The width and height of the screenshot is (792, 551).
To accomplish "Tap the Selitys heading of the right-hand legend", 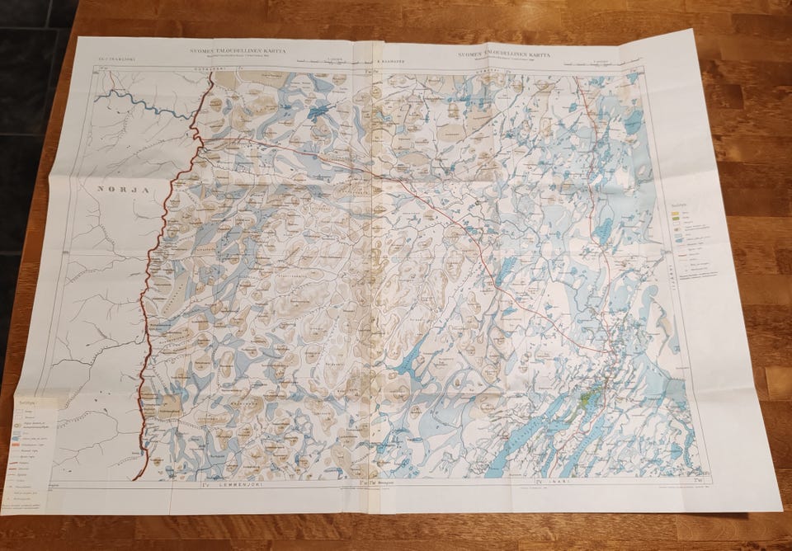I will [x=679, y=205].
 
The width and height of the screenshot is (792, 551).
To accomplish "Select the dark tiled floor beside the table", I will [x=25, y=124].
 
